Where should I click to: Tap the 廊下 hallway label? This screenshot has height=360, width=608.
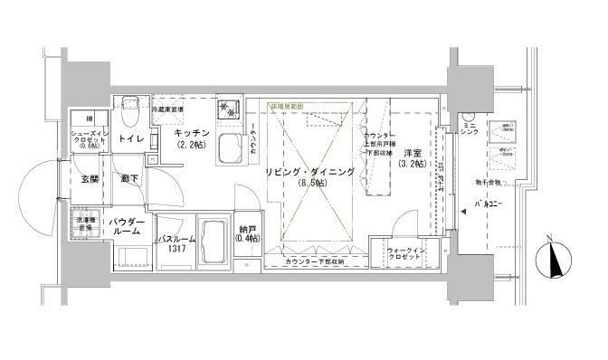click(x=128, y=179)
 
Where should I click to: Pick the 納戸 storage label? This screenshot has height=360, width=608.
click(x=246, y=232)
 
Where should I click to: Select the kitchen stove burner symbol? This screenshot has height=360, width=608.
click(x=226, y=110)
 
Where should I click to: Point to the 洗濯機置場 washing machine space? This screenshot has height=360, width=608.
click(x=89, y=223)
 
